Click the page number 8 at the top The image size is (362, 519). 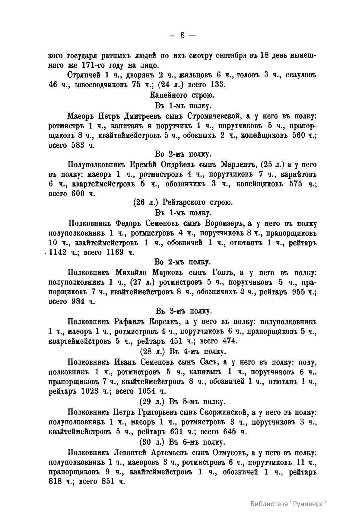pos(183,35)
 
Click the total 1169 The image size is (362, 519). pos(116,252)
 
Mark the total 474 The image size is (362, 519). pos(229,341)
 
